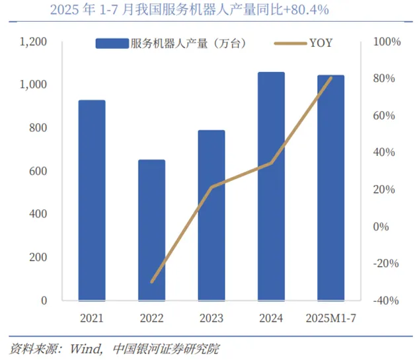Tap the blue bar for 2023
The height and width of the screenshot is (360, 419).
[x=212, y=215]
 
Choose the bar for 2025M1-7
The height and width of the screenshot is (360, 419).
[x=331, y=188]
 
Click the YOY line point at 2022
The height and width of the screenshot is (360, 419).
[x=152, y=282]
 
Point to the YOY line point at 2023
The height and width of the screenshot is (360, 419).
[x=212, y=187]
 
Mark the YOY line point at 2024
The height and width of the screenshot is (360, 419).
[x=272, y=162]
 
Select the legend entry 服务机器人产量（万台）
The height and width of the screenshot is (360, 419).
[x=172, y=44]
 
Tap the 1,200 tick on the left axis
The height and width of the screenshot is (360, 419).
[x=33, y=42]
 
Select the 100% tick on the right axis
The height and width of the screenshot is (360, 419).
[x=387, y=42]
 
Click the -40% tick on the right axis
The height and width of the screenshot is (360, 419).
[x=387, y=301]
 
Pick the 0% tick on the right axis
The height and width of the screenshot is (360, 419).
[x=383, y=227]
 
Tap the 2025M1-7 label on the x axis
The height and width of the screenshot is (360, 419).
[x=331, y=319]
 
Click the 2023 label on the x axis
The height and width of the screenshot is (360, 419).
[x=212, y=319]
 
